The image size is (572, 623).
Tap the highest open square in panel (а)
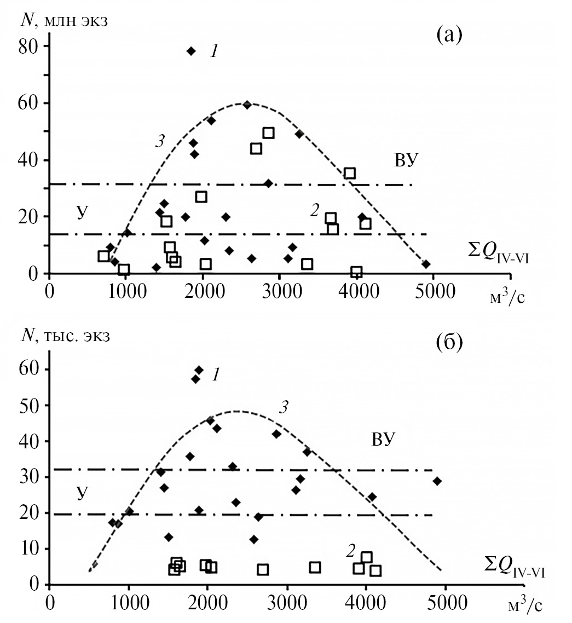tap(268, 133)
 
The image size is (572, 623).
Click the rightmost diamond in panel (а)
tap(426, 264)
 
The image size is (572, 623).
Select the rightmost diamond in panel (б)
tap(437, 481)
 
